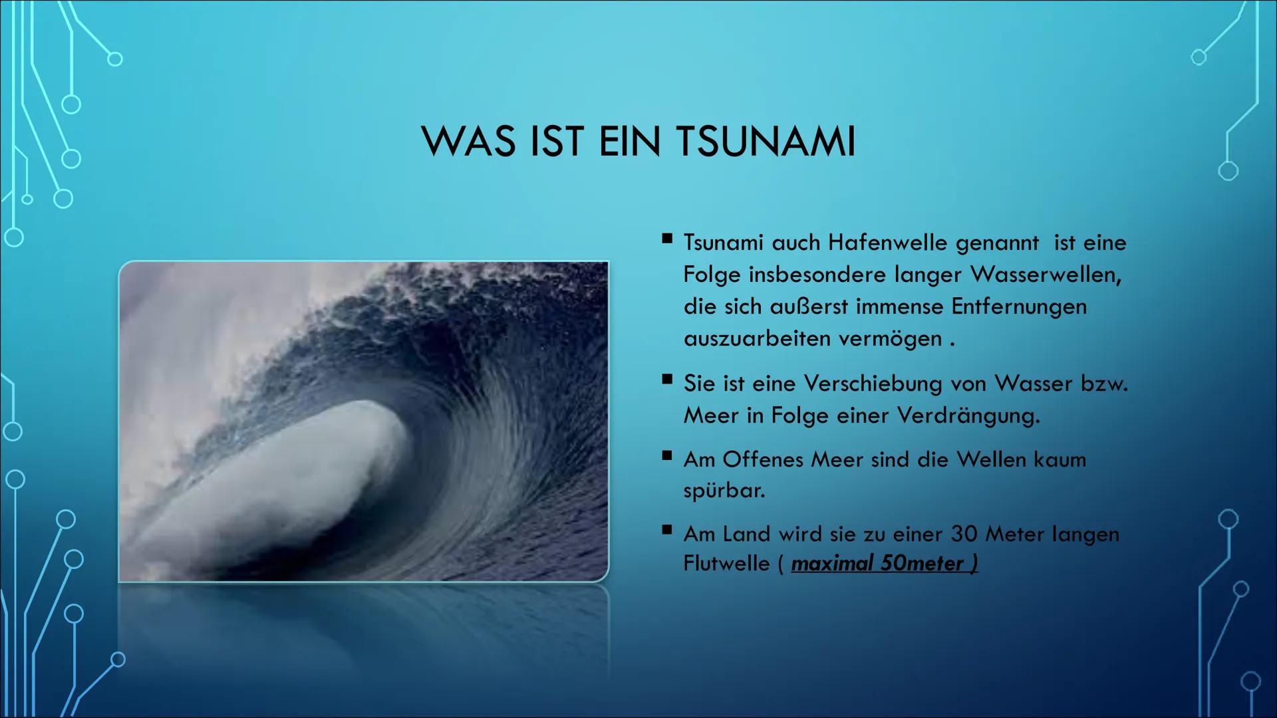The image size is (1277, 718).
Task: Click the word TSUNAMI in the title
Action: tap(766, 141)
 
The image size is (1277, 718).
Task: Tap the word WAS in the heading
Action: tap(468, 141)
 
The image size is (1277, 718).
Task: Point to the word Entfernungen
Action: tap(1019, 306)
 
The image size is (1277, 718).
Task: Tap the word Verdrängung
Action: tap(968, 416)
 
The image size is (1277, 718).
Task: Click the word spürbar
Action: tap(724, 491)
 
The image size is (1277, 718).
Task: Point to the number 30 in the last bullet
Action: tap(964, 534)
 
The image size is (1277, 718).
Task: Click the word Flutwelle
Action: tap(726, 564)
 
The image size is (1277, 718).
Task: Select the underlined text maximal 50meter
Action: tap(884, 564)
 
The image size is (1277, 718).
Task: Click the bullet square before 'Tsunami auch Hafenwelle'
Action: tap(667, 239)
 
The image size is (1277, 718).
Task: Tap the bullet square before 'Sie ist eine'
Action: tap(667, 380)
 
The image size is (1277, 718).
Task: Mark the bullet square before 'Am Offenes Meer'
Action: tap(667, 455)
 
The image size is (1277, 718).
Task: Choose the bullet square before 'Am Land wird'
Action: tap(667, 530)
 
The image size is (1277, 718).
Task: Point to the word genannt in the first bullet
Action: tap(997, 243)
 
